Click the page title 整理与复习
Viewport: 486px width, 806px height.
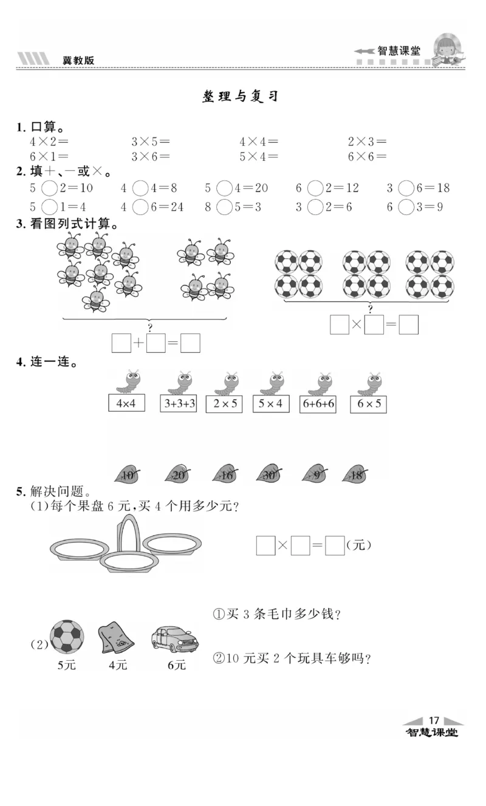(240, 97)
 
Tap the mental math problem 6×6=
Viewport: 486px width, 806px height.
(367, 157)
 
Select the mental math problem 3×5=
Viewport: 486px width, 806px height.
(151, 142)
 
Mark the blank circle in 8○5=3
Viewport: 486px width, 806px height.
(225, 207)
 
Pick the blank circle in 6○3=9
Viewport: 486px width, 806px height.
(406, 207)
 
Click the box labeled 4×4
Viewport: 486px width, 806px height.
(126, 403)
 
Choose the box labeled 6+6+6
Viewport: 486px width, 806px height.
(318, 403)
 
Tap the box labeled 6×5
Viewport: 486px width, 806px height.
(369, 403)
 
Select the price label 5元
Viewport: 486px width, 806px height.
(67, 665)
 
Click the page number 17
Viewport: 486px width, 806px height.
(434, 720)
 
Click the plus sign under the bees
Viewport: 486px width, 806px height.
(139, 344)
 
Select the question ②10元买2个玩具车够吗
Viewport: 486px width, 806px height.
(292, 657)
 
